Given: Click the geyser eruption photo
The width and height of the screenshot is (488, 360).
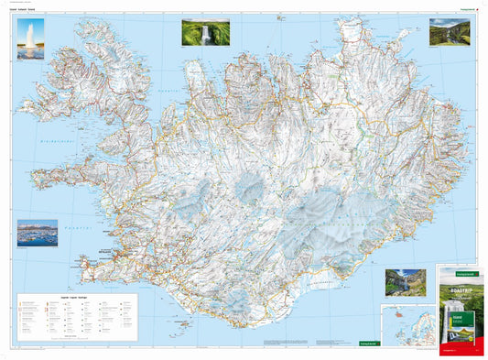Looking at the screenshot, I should click(x=30, y=38).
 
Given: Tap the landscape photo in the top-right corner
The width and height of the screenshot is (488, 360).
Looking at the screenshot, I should click(x=449, y=33).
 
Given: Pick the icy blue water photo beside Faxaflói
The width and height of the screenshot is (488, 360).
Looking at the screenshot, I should click(x=37, y=233).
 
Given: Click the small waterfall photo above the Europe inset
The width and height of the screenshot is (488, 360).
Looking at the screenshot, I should click(x=405, y=282).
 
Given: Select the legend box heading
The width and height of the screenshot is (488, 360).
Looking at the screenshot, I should click(x=77, y=298).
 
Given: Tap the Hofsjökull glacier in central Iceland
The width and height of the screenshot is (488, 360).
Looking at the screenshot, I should click(x=251, y=194).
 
